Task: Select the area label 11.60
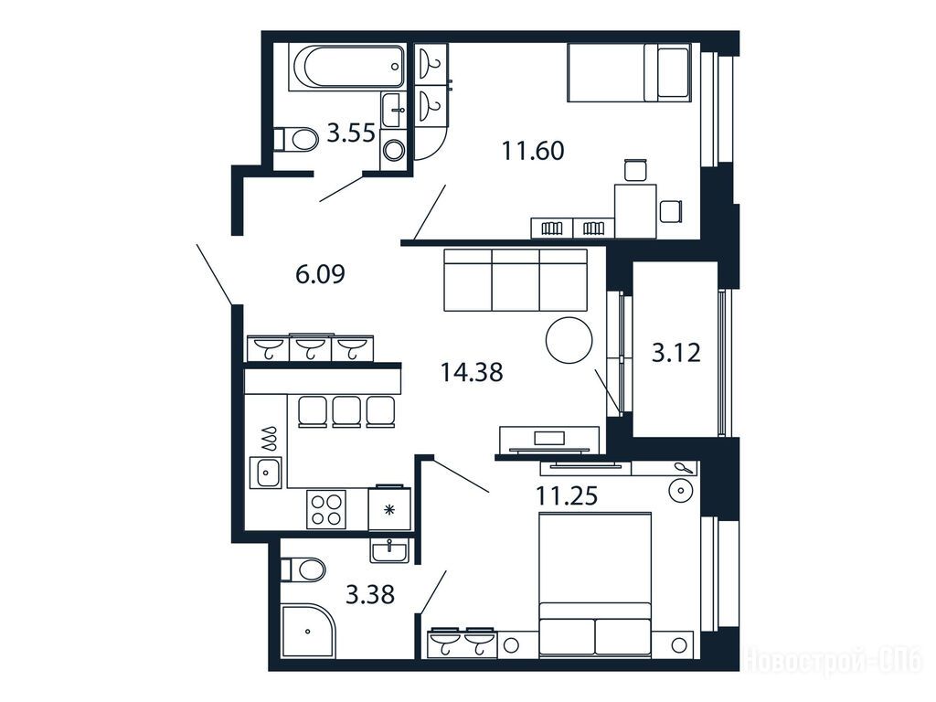(533, 151)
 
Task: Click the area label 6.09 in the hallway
(320, 274)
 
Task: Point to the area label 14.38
(472, 373)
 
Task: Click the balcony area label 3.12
(675, 353)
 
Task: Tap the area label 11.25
(567, 495)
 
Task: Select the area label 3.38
(370, 594)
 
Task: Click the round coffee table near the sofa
(569, 340)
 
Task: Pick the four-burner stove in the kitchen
(326, 509)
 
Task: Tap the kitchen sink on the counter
(266, 473)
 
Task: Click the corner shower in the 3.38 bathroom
(308, 631)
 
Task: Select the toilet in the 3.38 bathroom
(303, 569)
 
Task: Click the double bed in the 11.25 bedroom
(594, 584)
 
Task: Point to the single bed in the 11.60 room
(629, 72)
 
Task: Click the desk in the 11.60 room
(636, 211)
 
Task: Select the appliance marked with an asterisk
(389, 508)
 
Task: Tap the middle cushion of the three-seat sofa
(516, 280)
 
